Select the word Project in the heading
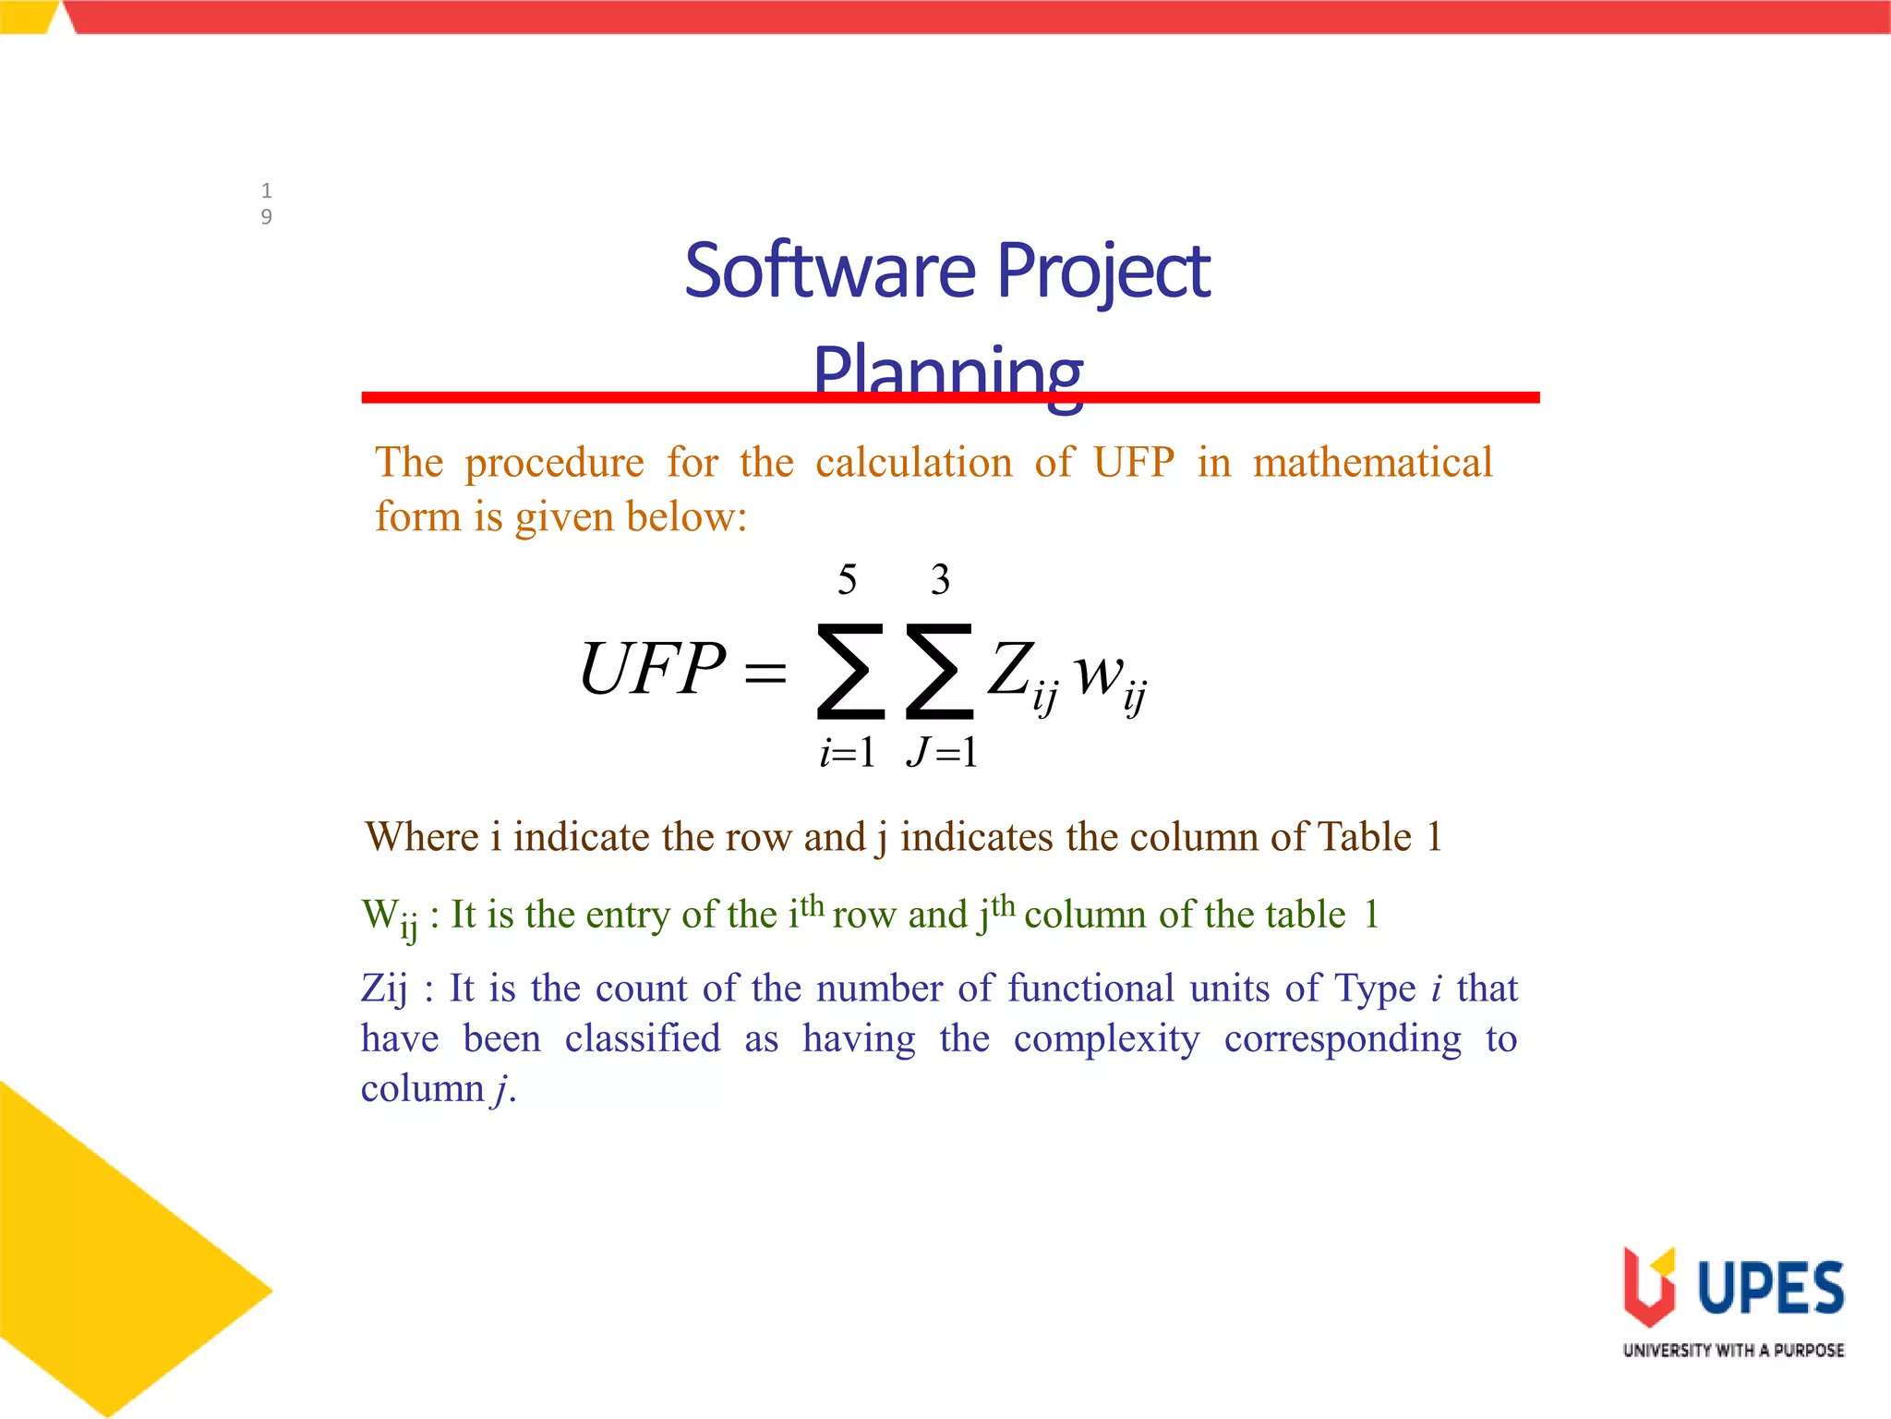point(1103,273)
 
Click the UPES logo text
point(1770,1288)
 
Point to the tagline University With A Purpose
point(1733,1351)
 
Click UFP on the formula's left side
point(652,669)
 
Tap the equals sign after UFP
point(765,673)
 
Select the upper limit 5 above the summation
point(847,580)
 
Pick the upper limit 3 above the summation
point(940,580)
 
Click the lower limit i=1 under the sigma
point(848,753)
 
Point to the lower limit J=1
point(942,753)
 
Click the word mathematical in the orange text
point(1372,462)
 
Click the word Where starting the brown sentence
point(422,837)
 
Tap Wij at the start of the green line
point(390,916)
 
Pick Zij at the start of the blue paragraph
point(384,988)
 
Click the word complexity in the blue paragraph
point(1106,1039)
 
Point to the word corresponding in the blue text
point(1343,1039)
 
